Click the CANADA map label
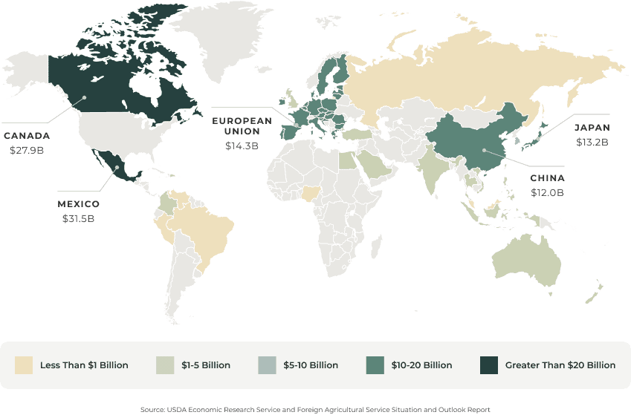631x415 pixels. tap(27, 136)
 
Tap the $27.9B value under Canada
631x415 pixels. tap(27, 150)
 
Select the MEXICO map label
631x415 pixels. tap(78, 204)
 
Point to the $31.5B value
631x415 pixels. tap(78, 218)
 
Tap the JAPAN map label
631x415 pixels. tap(592, 127)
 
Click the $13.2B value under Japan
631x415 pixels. tap(592, 142)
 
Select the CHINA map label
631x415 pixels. tap(546, 178)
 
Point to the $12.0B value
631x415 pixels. tap(546, 193)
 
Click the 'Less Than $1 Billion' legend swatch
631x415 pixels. tap(25, 365)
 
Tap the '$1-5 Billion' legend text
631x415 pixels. tap(205, 365)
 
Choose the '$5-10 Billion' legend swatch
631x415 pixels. tap(267, 365)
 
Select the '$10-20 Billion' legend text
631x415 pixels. tap(421, 365)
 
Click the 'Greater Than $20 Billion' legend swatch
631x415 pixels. tap(488, 365)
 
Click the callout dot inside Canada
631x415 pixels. tap(85, 97)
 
